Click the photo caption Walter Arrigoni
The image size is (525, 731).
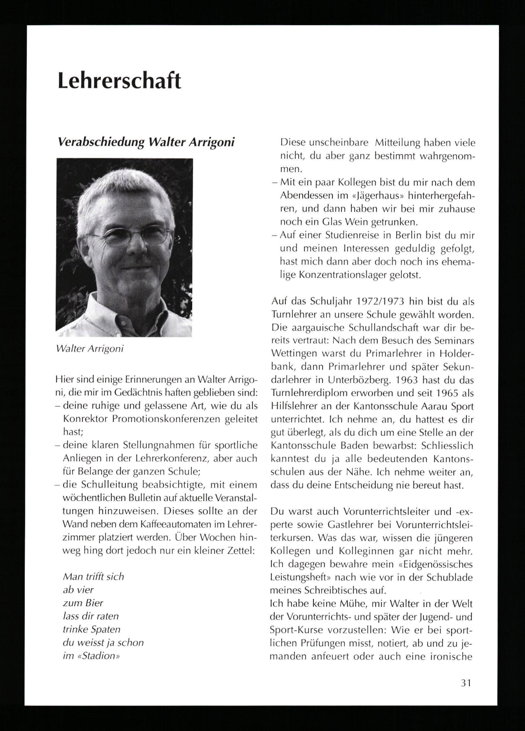point(90,349)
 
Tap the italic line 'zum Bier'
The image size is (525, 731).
point(83,603)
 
